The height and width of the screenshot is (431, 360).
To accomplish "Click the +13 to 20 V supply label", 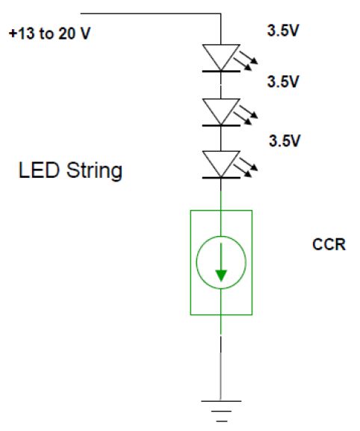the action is point(50,34).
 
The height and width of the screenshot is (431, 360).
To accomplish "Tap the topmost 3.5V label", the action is point(283,30).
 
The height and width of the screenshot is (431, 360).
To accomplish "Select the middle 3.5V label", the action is point(283,81).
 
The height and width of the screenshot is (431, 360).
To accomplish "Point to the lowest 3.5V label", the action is point(285,141).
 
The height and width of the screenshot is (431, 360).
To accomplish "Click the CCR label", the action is point(329,244).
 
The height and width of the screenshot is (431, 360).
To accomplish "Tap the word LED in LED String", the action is point(39,170).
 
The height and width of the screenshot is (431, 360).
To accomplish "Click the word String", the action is point(94,171).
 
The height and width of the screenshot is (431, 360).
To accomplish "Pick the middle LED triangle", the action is point(221,111).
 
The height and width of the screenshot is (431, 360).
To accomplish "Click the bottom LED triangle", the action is point(221,164).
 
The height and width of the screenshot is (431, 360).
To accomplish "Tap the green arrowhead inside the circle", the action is point(221,276).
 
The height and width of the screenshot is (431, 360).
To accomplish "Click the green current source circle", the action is point(196,262).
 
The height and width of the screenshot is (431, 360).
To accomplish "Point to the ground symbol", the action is point(221,411).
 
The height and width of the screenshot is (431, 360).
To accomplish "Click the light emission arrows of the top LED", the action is point(246,61).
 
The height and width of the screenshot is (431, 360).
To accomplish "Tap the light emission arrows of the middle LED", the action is point(246,115).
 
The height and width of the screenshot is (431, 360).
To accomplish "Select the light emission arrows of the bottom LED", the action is point(246,167).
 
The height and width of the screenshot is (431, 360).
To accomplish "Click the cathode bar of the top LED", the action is point(221,71).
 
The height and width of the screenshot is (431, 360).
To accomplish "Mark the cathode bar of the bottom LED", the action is point(221,178).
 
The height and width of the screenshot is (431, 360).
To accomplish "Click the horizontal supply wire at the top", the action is point(151,13).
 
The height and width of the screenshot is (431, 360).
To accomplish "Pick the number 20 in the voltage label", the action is point(67,34).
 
